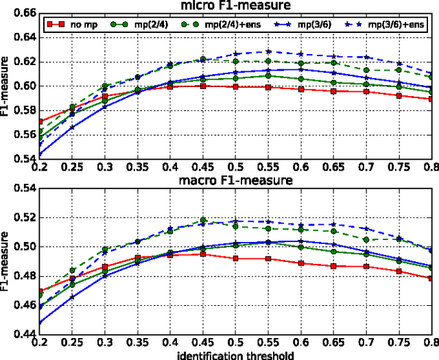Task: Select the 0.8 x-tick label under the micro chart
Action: coord(431,167)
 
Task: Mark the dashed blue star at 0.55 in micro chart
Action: coord(269,52)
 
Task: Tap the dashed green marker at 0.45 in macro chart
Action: coord(203,221)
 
